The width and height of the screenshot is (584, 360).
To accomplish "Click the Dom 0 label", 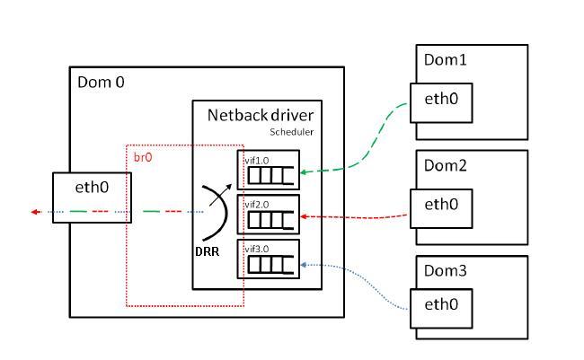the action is point(101,83).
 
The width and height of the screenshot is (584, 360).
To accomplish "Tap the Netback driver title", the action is point(261,116).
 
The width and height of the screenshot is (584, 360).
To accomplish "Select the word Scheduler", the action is point(292,132).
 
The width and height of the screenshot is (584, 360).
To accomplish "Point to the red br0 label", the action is point(143,157).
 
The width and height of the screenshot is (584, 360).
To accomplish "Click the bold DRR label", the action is point(207,252).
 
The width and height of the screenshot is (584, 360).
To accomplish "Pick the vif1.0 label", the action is point(257,161).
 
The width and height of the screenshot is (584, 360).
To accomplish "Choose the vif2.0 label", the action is point(257,205).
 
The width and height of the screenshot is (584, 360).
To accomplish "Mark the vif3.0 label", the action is point(257,249).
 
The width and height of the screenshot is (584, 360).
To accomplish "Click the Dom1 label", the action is point(445,60).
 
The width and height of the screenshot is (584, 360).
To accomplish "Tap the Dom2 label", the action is point(445,166).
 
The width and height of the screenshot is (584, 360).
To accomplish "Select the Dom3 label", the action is point(445,271).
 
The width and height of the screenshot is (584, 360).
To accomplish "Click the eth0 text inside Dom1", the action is point(441,99).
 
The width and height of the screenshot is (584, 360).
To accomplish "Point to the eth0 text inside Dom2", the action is point(441,205).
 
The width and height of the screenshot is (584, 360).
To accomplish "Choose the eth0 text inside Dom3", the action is point(441,304).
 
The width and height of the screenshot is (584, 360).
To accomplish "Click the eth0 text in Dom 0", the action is point(92,188).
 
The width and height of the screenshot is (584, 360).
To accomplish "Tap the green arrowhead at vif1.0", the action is point(304,172).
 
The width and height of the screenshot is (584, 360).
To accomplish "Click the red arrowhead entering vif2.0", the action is point(304,216).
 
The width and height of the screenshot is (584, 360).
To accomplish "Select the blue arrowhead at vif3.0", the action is point(304,265).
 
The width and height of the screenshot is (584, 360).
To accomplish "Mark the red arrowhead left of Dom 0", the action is point(35,212).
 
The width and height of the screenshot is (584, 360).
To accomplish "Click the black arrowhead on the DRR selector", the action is point(228,188).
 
